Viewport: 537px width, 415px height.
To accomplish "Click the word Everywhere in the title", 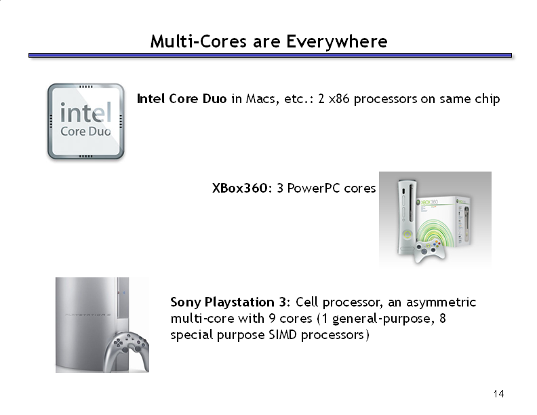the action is (337, 42).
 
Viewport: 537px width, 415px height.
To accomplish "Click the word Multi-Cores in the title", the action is (198, 41).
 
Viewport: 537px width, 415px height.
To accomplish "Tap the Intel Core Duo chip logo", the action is (85, 121).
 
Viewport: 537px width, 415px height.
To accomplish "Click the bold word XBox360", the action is (240, 188).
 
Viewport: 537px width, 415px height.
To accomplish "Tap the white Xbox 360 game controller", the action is (429, 251).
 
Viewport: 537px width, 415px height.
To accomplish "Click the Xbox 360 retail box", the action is (443, 221).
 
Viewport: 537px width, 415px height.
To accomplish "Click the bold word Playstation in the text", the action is (239, 302).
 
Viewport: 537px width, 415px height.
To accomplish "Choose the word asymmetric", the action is (441, 302).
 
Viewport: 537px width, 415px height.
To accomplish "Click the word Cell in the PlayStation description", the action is (307, 302).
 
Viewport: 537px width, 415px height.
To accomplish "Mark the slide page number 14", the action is (498, 394).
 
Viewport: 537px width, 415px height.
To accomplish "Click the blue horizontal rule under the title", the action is (271, 56).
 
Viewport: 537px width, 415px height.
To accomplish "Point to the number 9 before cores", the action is (272, 319).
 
